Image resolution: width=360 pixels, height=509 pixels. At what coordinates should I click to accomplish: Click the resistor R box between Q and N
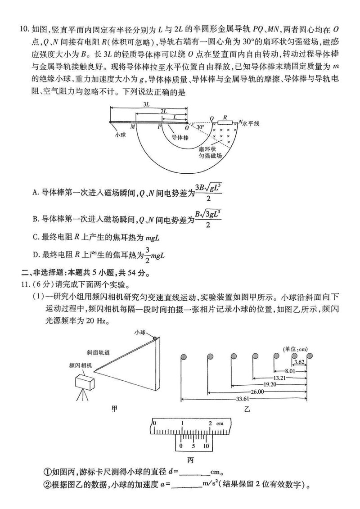[x=225, y=122]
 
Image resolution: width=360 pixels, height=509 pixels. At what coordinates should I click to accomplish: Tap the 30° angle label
[x=199, y=127]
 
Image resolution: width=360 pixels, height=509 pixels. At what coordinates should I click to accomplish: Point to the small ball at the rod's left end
[x=111, y=122]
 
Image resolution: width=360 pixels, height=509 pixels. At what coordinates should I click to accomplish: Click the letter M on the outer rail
[x=133, y=128]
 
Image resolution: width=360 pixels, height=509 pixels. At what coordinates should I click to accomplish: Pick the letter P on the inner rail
[x=160, y=128]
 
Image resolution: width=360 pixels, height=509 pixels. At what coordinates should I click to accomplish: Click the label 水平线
[x=251, y=123]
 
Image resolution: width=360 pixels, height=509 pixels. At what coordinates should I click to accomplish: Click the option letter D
[x=36, y=256]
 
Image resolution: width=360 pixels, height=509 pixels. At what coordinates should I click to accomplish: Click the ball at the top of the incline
[x=155, y=338]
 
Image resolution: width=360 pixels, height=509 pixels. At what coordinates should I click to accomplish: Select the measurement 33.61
[x=243, y=399]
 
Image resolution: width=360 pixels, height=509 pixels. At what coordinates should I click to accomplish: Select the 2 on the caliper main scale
[x=210, y=423]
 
